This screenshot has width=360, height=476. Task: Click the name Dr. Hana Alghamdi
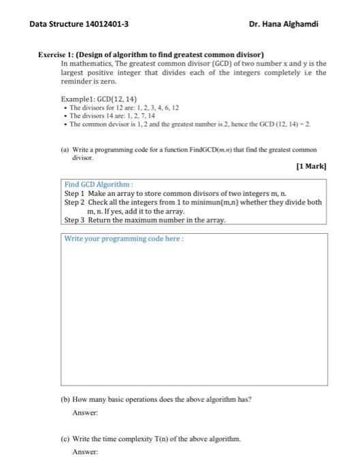[284, 24]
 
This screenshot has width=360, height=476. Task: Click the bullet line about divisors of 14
[109, 116]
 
